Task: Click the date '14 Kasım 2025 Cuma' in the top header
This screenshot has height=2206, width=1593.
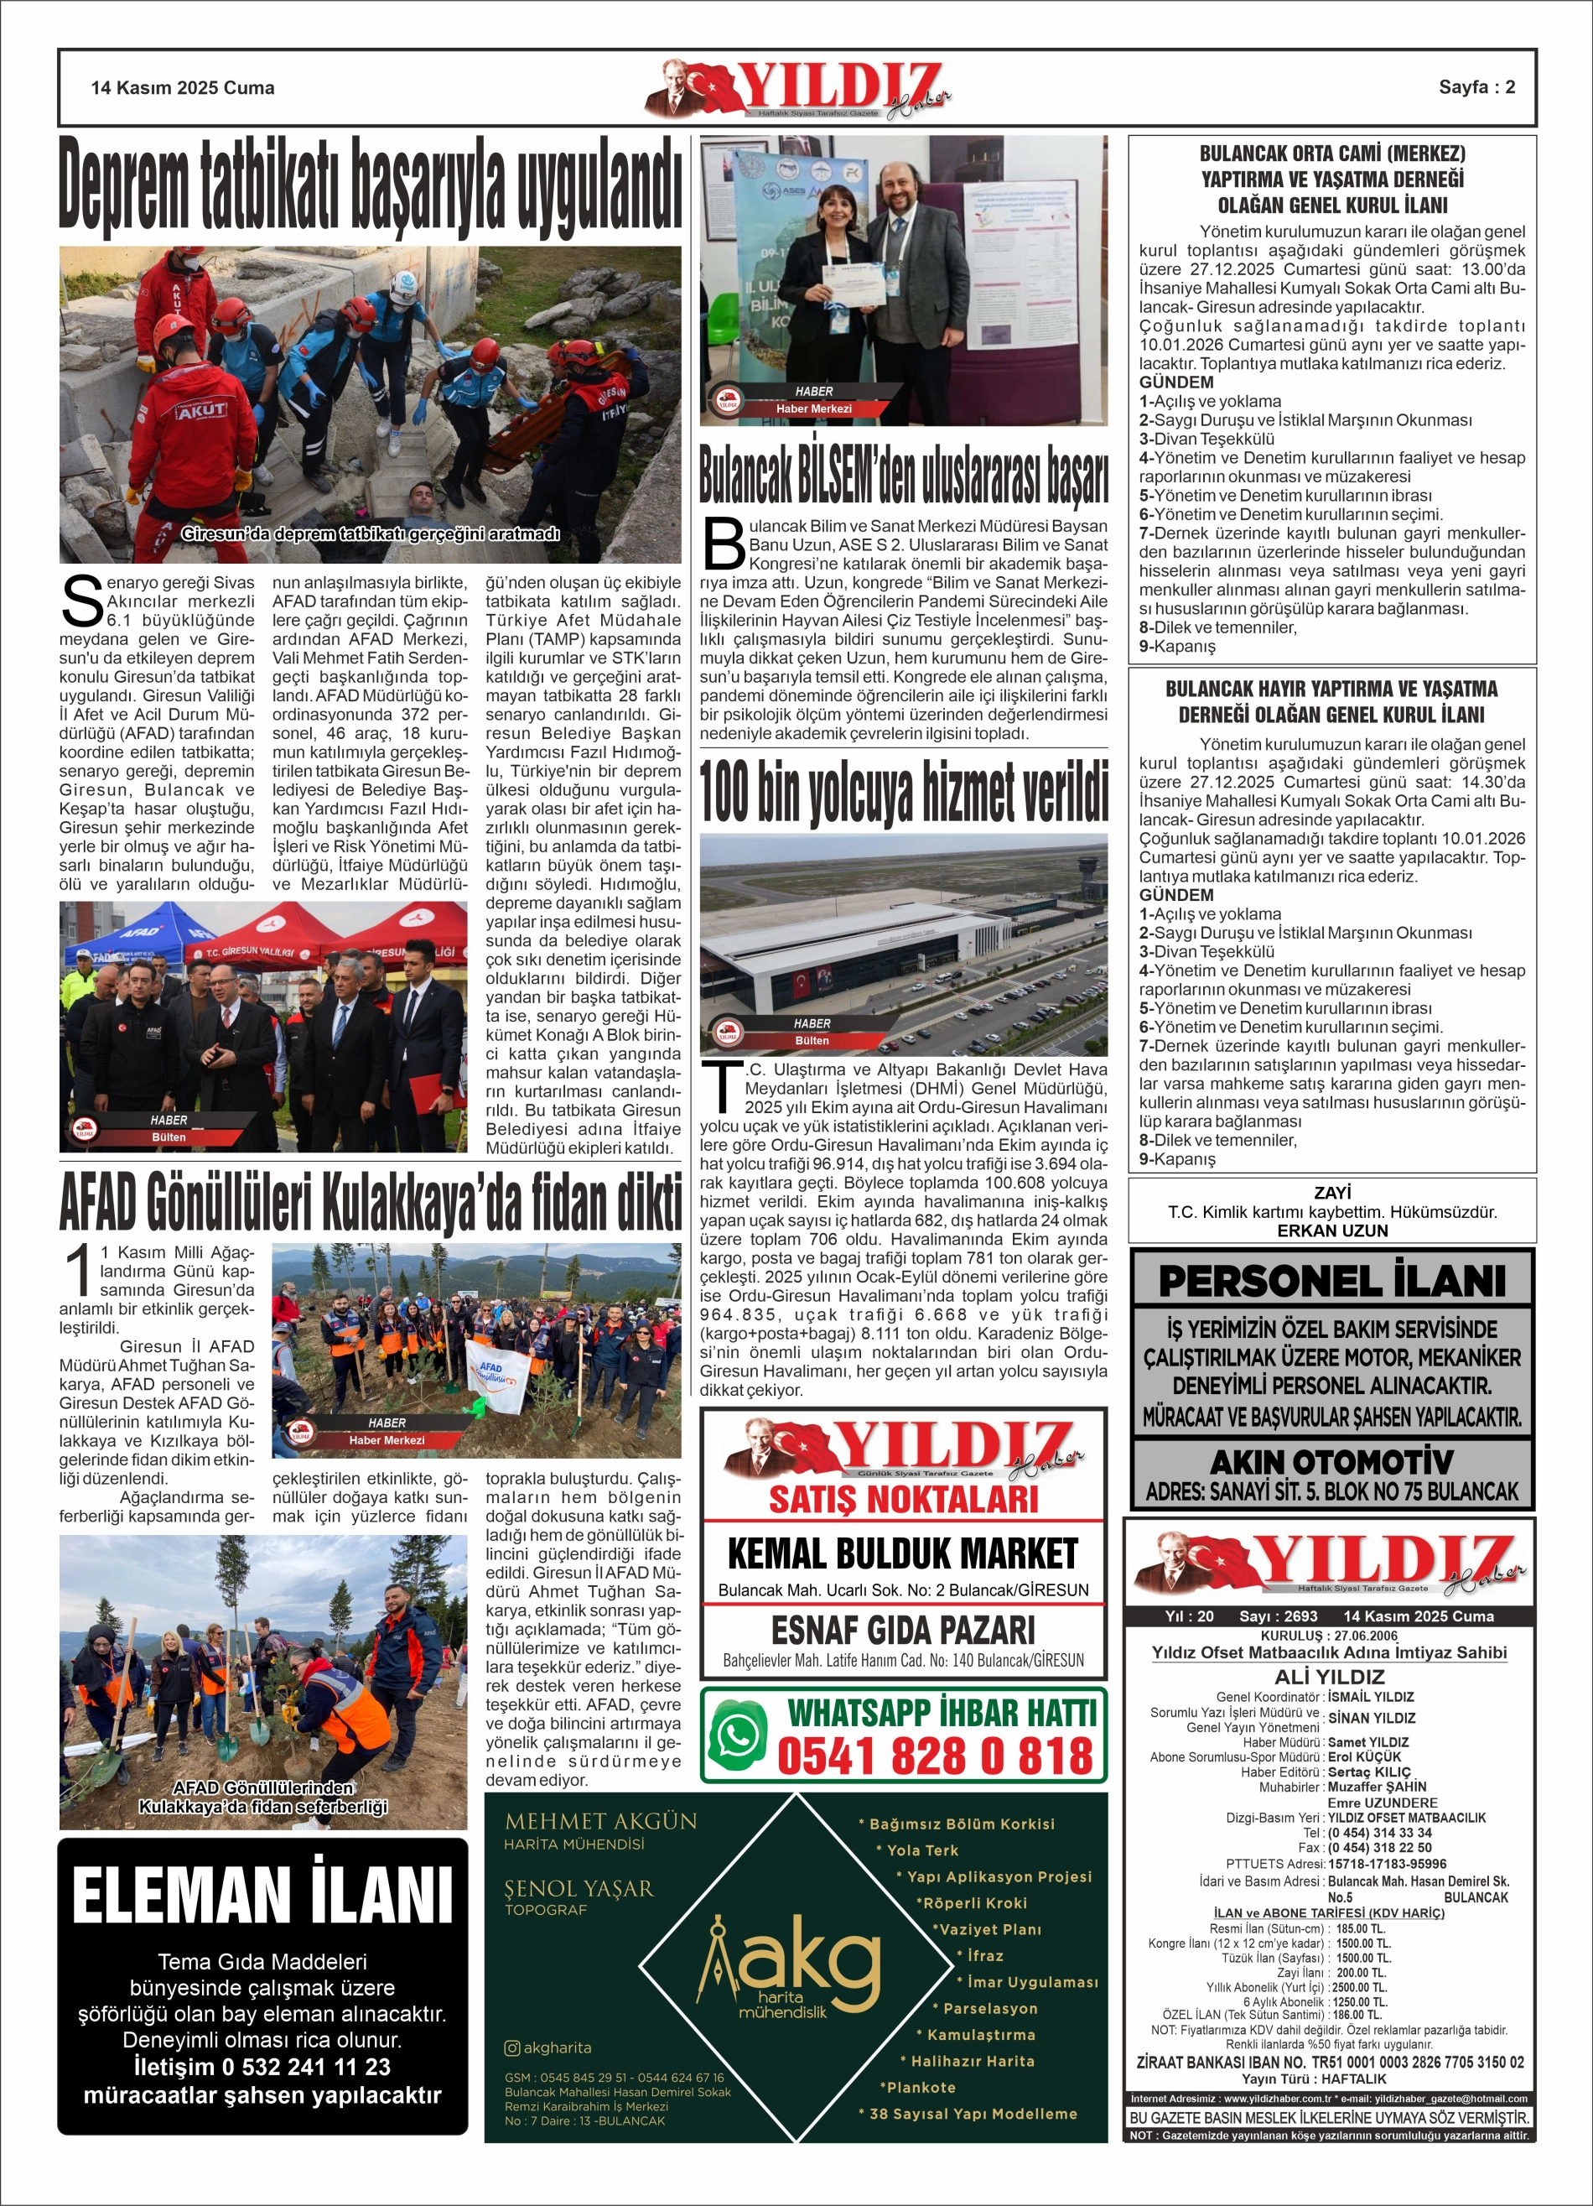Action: point(183,87)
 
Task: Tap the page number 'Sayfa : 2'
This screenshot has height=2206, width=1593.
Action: point(1476,86)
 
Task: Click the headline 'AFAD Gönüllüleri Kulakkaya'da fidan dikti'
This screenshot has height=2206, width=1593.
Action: point(370,1203)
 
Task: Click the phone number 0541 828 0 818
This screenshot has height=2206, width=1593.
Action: point(936,1756)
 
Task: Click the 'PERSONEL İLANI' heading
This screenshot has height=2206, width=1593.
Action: point(1331,1281)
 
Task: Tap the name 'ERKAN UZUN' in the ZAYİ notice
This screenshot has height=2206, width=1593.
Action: point(1331,1230)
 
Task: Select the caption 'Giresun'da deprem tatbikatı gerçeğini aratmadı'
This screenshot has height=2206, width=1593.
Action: point(370,534)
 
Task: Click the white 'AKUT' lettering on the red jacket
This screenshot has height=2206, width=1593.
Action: point(201,409)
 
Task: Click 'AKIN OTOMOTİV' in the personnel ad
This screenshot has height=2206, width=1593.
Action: point(1331,1462)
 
